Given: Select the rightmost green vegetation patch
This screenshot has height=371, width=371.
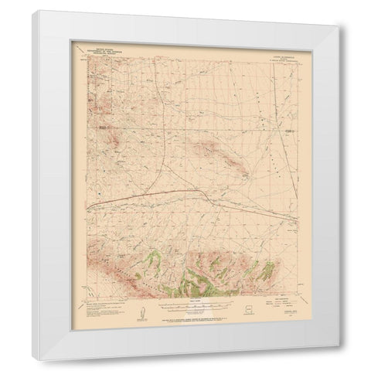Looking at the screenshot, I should pos(268,272).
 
